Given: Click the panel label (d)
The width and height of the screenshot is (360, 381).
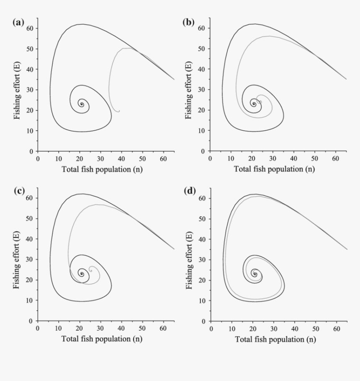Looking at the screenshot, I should [190, 191].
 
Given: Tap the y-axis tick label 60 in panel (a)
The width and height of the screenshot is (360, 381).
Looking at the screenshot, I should [31, 28].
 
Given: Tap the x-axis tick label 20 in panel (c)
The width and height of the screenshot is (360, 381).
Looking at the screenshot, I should [80, 328].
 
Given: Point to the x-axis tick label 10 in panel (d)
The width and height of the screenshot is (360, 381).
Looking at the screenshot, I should [231, 328].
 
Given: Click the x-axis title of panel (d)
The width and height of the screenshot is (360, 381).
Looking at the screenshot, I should [275, 339].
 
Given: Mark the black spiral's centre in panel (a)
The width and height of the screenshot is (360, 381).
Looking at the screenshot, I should [82, 104].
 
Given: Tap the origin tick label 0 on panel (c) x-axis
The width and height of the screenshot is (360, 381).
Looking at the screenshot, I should [38, 328].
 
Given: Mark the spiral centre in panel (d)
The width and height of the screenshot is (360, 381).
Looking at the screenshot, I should [254, 275].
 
